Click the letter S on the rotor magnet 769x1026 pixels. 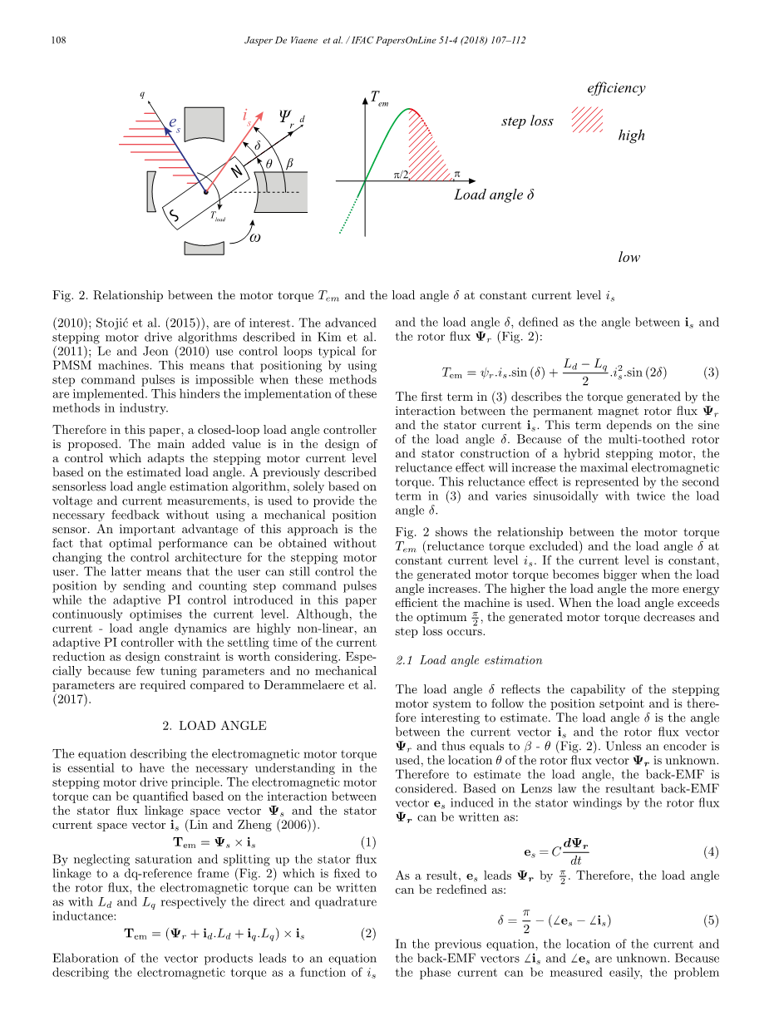(x=175, y=217)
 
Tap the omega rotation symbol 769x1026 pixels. (x=256, y=237)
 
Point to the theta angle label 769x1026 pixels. (x=268, y=165)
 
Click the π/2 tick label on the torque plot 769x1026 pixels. (x=400, y=175)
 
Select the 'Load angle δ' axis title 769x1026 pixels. (x=494, y=195)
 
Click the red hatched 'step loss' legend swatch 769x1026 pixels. (x=587, y=120)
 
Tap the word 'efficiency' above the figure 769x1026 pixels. (x=615, y=88)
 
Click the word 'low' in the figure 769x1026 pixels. (x=629, y=257)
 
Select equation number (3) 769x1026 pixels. (x=711, y=372)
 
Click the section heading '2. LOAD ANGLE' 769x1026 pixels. (x=214, y=726)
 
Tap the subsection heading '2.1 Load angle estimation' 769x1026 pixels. (x=469, y=660)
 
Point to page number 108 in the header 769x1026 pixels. (x=59, y=40)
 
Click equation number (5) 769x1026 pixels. (x=711, y=920)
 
